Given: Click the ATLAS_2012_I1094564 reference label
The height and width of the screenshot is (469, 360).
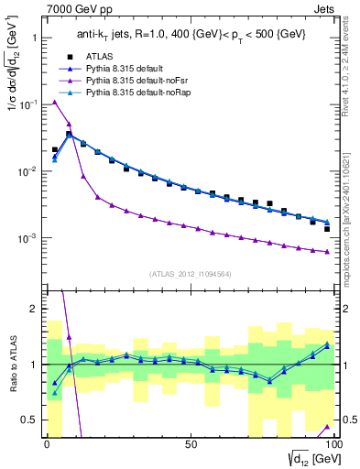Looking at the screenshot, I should point(191,273).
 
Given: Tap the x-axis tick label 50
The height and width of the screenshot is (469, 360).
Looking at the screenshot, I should point(190,444).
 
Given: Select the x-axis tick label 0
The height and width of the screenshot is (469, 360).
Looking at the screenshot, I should point(47,444).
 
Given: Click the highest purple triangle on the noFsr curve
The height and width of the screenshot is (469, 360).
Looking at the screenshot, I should point(55,102).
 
